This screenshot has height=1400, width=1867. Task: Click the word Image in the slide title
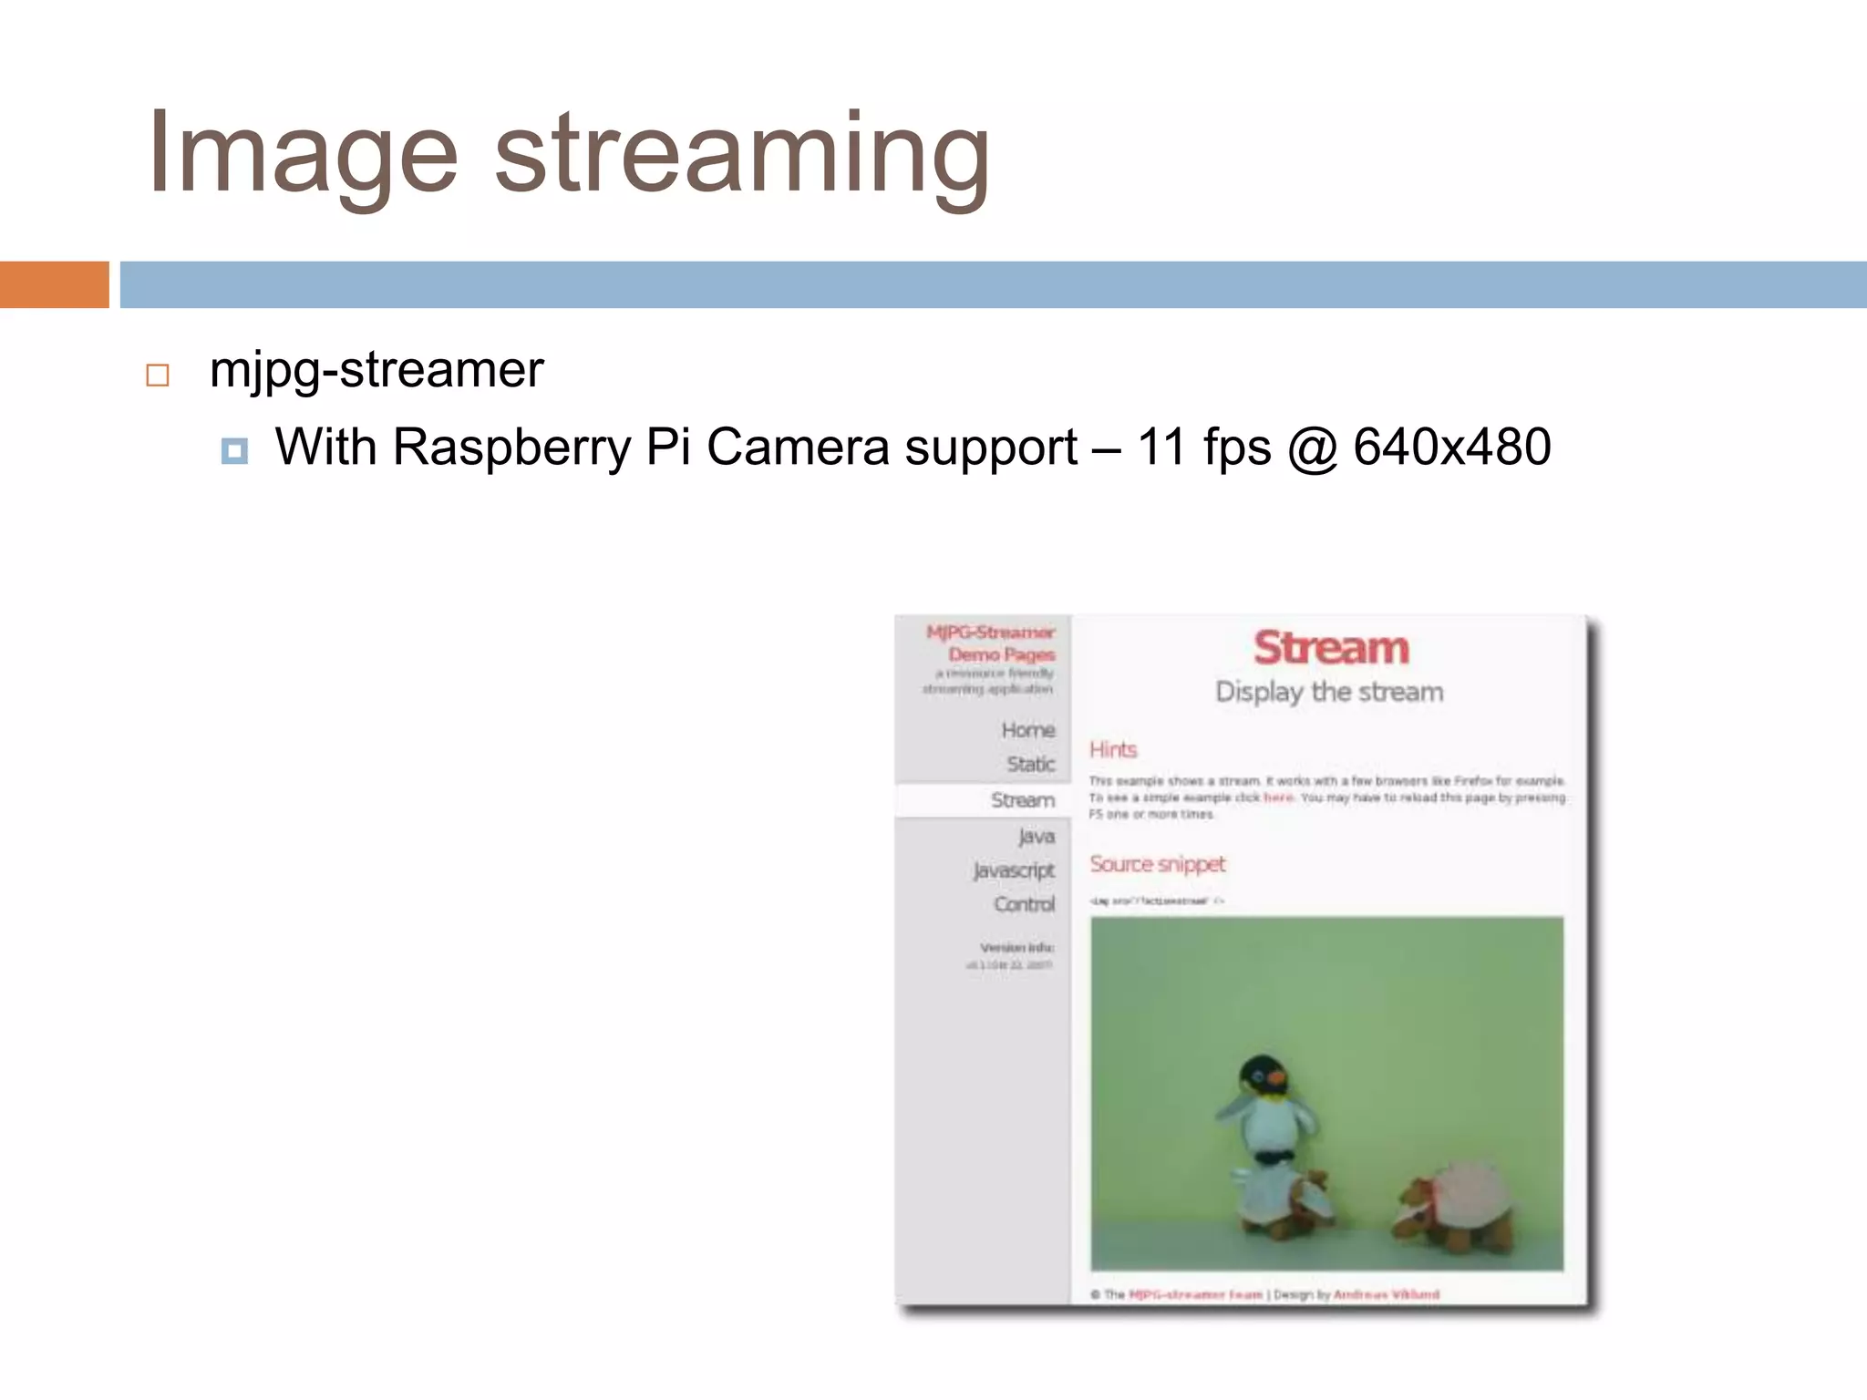(x=302, y=153)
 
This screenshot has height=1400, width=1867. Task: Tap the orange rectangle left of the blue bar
(x=54, y=284)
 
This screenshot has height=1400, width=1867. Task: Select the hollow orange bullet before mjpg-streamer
(x=158, y=376)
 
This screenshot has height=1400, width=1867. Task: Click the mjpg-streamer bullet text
(x=376, y=370)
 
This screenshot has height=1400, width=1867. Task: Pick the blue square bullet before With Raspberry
(x=234, y=450)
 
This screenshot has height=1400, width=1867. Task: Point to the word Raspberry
(x=511, y=448)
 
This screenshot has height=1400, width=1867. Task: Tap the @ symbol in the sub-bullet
(x=1313, y=448)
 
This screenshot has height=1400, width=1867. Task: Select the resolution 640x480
(x=1451, y=448)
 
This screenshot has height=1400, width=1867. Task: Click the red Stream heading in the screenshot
(x=1331, y=648)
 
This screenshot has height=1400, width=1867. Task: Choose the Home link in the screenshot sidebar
(x=1028, y=730)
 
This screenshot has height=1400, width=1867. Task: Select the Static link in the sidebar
(x=1031, y=764)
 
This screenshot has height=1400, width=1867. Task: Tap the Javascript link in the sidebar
(x=1014, y=870)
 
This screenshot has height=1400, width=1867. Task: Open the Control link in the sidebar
(x=1025, y=904)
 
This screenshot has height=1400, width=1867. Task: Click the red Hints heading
(x=1113, y=749)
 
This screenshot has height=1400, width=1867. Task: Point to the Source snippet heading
(x=1158, y=864)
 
